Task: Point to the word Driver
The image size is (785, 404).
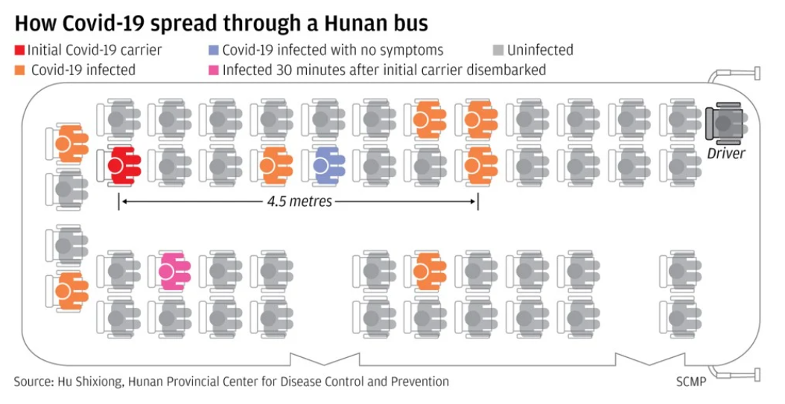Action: click(x=725, y=154)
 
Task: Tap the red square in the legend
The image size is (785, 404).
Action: click(x=19, y=51)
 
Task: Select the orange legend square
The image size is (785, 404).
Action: click(x=19, y=71)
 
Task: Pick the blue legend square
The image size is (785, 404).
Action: click(x=214, y=51)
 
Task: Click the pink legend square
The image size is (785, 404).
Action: click(x=214, y=71)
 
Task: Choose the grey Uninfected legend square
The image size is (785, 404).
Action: click(x=498, y=51)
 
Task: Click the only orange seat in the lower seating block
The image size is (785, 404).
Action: click(x=425, y=271)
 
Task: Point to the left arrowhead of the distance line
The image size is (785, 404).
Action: click(x=122, y=202)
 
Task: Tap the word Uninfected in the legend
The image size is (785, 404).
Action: click(x=540, y=51)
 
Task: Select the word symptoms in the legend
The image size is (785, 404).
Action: click(x=409, y=51)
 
